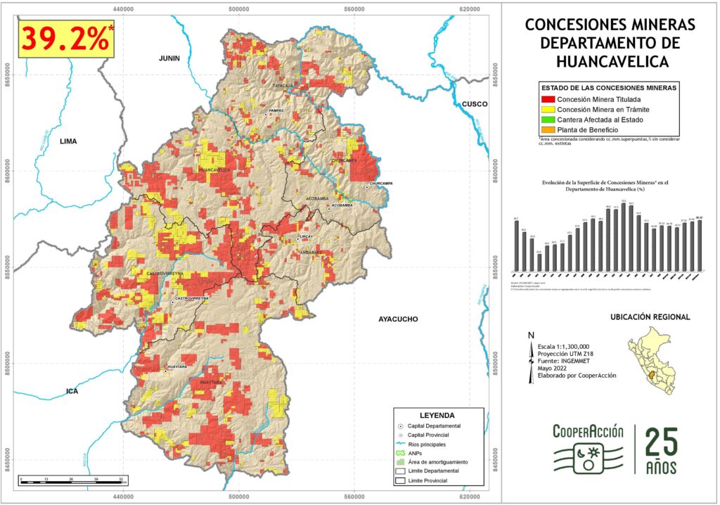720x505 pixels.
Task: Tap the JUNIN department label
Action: click(x=169, y=58)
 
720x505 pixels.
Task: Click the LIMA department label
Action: click(x=68, y=141)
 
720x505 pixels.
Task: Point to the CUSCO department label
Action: click(x=475, y=104)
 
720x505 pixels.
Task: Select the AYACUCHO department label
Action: click(x=398, y=319)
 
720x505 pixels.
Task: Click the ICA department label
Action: click(x=72, y=391)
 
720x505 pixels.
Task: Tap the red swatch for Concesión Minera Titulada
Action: click(x=546, y=99)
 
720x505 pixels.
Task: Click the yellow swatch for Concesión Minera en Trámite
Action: click(x=546, y=110)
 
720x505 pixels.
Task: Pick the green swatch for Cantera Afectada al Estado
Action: click(x=546, y=120)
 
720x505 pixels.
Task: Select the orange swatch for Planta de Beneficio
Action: click(x=546, y=130)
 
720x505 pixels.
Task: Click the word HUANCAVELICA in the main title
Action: click(x=610, y=62)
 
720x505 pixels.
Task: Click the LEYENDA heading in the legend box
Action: click(x=437, y=416)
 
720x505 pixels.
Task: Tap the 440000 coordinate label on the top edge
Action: click(x=123, y=8)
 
